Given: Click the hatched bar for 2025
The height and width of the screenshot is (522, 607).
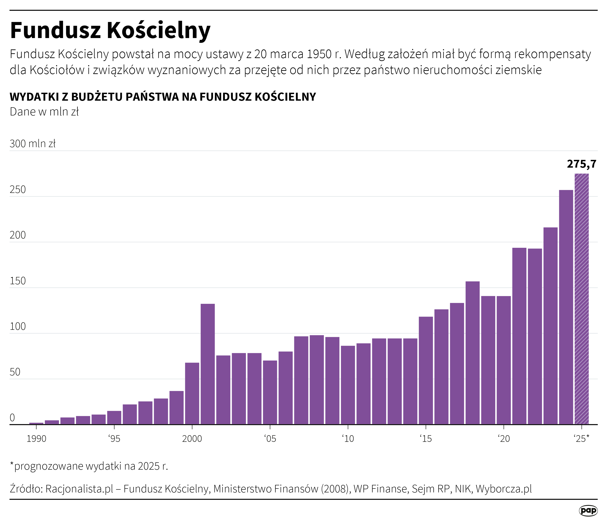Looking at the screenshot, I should click(x=582, y=299).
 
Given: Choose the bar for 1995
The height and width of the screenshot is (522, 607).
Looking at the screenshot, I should click(x=114, y=418).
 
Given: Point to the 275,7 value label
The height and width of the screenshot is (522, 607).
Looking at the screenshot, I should click(x=582, y=164).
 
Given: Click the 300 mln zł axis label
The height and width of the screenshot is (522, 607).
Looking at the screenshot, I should click(x=33, y=144).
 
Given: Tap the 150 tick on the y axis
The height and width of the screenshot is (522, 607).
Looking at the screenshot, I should click(x=18, y=281).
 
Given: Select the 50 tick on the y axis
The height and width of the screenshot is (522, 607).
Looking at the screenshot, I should click(x=15, y=372).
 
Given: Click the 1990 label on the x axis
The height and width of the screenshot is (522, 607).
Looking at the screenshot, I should click(x=36, y=439).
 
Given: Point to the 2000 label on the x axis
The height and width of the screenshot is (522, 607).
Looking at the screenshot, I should click(x=192, y=439).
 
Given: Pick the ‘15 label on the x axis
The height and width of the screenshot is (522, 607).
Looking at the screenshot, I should click(x=425, y=439).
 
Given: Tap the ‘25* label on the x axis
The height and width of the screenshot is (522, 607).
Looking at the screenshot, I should click(x=581, y=439).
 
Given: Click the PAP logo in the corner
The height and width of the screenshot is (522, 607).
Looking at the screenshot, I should click(x=588, y=511).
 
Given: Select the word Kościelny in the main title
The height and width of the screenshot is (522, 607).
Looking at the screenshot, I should click(x=158, y=31).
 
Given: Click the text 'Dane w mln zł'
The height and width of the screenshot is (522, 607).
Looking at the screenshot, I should click(x=44, y=112).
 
